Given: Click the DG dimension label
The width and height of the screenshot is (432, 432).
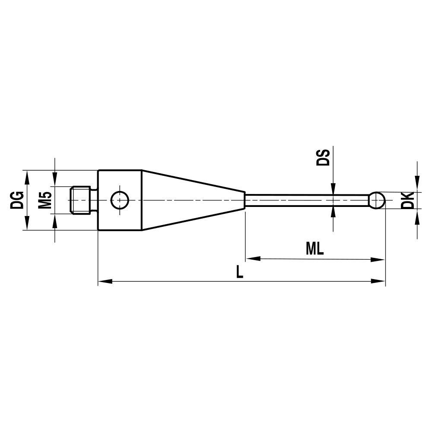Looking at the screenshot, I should click(17, 200).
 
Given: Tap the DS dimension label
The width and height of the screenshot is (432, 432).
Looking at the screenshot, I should click(323, 158).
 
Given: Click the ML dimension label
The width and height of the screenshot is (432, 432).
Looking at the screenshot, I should click(314, 249).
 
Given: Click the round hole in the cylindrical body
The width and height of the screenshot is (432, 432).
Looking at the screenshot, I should click(120, 200).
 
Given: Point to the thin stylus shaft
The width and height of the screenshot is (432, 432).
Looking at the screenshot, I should click(302, 200).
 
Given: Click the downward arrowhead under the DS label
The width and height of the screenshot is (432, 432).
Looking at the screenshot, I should click(333, 188).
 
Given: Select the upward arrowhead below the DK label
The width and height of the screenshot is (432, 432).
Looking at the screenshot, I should click(417, 215).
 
